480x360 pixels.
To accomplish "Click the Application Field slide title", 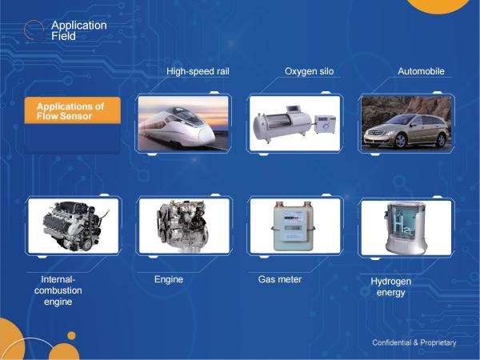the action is coord(79,30).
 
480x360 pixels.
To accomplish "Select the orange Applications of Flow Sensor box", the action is coord(73,110).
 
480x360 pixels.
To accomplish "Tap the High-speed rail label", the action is coord(198,71).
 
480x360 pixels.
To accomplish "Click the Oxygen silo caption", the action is coord(309,71).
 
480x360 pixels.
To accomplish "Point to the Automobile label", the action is coord(422,71).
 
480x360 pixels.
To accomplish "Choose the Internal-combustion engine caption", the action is coord(58,290).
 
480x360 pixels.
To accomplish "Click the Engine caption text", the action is coord(169,279).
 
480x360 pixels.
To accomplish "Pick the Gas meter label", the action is coord(280,279).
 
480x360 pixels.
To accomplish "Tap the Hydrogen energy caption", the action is coord(391,287).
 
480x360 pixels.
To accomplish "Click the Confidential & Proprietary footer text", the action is coord(414,342).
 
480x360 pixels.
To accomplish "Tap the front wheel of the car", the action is coord(401,141).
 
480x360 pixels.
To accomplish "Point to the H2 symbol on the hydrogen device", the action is coord(402,226).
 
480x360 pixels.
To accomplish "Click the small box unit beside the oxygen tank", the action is coord(325,124).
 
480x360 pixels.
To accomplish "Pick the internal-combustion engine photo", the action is coord(73,226).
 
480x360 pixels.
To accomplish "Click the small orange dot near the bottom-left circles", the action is coord(71,335).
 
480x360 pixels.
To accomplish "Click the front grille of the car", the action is coord(374,133).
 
